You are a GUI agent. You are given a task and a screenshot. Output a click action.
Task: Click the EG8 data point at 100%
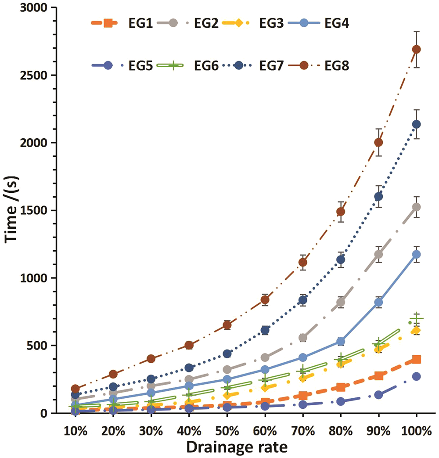tap(416, 49)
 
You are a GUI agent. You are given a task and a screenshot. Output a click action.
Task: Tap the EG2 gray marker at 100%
tap(416, 207)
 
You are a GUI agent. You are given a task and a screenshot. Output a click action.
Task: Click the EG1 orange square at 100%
tap(416, 359)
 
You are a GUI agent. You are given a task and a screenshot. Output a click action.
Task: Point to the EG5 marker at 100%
tap(416, 376)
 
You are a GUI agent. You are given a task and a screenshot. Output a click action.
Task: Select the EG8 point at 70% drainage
tap(303, 263)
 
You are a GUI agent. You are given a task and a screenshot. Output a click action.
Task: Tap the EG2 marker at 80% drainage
tap(341, 302)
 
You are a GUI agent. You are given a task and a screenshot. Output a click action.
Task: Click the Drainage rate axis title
tap(237, 447)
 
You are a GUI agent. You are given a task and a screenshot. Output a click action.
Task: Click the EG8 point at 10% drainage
tap(75, 389)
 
